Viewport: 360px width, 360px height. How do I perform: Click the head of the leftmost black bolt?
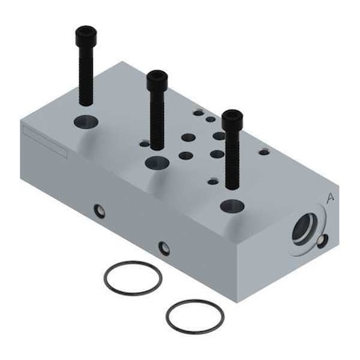[x=86, y=36]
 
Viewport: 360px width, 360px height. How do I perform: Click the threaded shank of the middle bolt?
[x=156, y=124]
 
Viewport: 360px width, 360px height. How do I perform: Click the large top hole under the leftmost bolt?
[x=86, y=122]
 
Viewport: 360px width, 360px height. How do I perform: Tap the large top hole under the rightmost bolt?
[x=232, y=205]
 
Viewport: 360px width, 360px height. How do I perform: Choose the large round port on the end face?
[x=305, y=229]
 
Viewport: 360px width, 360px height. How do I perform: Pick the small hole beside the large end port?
[x=322, y=241]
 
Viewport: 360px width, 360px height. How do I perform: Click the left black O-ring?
[x=133, y=278]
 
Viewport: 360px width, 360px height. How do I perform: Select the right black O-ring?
[x=194, y=317]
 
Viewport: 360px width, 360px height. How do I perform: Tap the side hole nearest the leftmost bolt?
[x=99, y=211]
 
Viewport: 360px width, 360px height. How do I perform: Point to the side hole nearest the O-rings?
[x=164, y=248]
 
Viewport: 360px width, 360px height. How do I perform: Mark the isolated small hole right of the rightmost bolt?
[x=264, y=151]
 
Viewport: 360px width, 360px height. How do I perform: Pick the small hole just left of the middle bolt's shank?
[x=144, y=145]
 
